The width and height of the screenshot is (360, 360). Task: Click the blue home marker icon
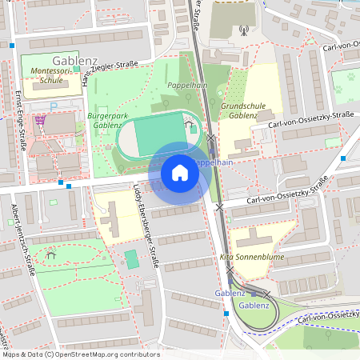(179, 172)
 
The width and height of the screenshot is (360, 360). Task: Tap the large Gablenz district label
(74, 60)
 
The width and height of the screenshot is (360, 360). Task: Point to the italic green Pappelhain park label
(189, 85)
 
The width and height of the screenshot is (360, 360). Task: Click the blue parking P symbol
(54, 106)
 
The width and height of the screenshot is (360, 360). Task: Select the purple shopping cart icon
(40, 120)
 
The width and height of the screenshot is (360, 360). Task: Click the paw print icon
(350, 78)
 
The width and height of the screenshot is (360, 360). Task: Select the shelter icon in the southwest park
(51, 255)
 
